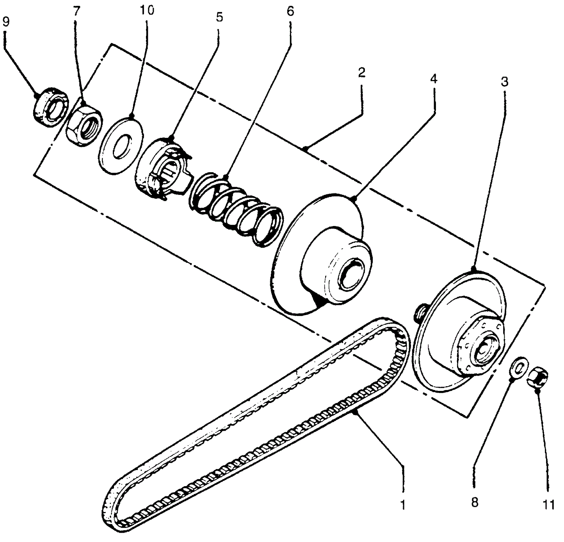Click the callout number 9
coord(6,22)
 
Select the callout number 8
coord(474,502)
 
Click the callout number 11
coord(549,505)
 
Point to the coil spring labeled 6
coord(236,211)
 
